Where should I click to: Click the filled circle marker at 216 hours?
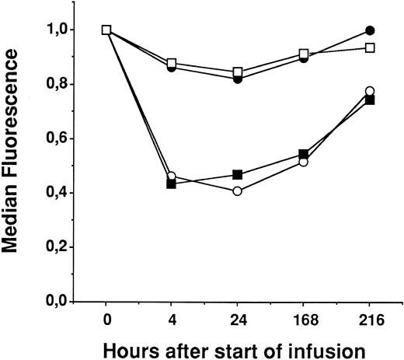pos(370,30)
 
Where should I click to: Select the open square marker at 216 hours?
pos(370,48)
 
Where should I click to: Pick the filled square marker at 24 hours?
pos(238,174)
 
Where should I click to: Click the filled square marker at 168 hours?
pos(304,154)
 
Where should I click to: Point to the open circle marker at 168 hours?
pos(304,162)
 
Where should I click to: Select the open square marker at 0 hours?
pos(106,30)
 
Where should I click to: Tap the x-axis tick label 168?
pos(304,319)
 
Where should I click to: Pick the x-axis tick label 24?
pos(238,319)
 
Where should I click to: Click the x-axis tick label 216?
pos(370,319)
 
